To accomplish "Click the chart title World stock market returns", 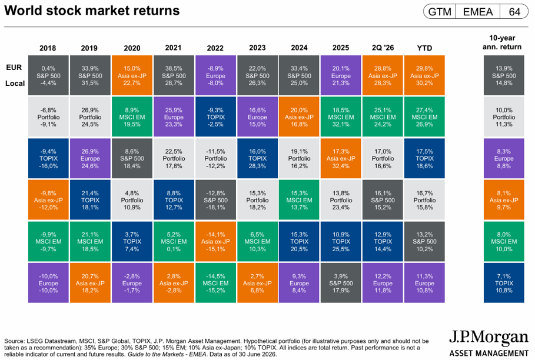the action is pyautogui.click(x=92, y=11).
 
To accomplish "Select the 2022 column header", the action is pyautogui.click(x=215, y=48).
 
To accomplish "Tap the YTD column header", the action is pyautogui.click(x=424, y=48).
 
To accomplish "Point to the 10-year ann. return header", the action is pyautogui.click(x=502, y=42).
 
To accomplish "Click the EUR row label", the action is pyautogui.click(x=14, y=68).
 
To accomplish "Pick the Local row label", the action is pyautogui.click(x=15, y=84).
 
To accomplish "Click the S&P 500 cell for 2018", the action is pyautogui.click(x=48, y=75).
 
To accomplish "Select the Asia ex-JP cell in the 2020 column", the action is pyautogui.click(x=132, y=75).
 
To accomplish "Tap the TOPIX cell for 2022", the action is pyautogui.click(x=215, y=117).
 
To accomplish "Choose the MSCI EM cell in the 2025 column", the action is pyautogui.click(x=341, y=117).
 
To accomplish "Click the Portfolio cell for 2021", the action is pyautogui.click(x=174, y=158).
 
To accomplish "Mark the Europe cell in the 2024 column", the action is pyautogui.click(x=299, y=283).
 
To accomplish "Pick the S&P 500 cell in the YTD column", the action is pyautogui.click(x=424, y=241).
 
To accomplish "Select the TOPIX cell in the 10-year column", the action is pyautogui.click(x=504, y=283).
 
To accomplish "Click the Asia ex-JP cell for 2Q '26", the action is pyautogui.click(x=383, y=75).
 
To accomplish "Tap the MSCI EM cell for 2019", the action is pyautogui.click(x=90, y=241).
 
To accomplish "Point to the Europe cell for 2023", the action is pyautogui.click(x=257, y=117).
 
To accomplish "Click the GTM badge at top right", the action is pyautogui.click(x=440, y=12).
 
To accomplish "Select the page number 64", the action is pyautogui.click(x=514, y=12).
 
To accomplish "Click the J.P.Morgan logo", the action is pyautogui.click(x=489, y=343).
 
